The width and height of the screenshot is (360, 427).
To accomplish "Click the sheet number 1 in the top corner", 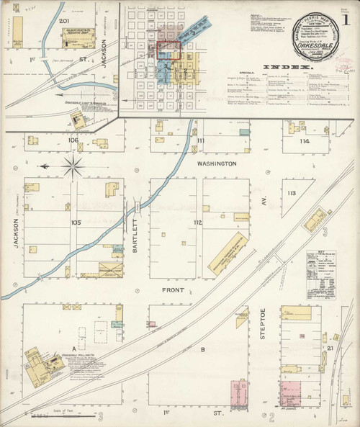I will point(347,19).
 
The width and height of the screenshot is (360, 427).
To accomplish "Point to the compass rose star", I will point(72,168).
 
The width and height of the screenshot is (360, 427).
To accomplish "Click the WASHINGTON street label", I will point(217,164).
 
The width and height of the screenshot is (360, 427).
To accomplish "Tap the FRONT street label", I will point(173,290).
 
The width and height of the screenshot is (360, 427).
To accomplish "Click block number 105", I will point(76,223).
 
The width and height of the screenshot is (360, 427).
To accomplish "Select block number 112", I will point(197,223).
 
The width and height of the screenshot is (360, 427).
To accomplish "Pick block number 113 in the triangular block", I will point(291,194).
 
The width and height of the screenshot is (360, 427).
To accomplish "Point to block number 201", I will point(63,22).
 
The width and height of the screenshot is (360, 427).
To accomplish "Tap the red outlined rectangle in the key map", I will point(168,49).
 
